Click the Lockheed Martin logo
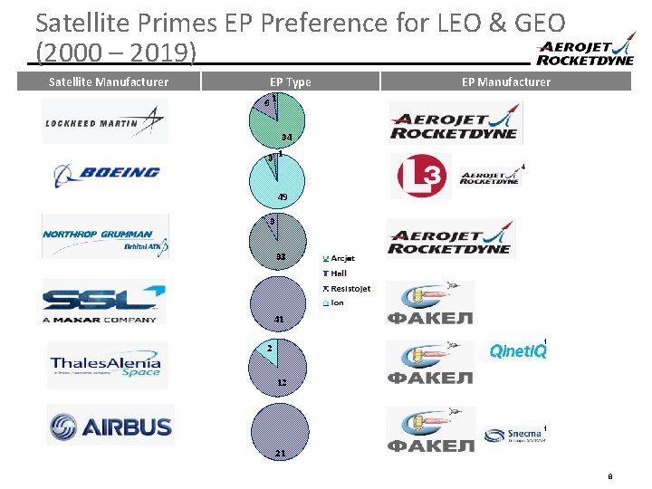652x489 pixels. tap(104, 122)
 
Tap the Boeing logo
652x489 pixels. tap(106, 173)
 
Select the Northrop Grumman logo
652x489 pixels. tap(105, 236)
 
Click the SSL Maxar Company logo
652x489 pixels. tap(104, 302)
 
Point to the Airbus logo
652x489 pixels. tap(110, 425)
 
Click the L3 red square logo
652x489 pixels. tap(420, 176)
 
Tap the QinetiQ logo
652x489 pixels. tap(518, 350)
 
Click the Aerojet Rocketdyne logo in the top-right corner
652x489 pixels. tap(584, 53)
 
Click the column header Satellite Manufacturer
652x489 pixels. tap(108, 81)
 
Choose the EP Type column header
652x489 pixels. tap(290, 81)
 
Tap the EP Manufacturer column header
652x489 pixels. tap(505, 81)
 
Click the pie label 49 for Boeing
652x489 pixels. tap(283, 197)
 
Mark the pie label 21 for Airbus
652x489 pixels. tap(281, 453)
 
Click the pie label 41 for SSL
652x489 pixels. tap(280, 319)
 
